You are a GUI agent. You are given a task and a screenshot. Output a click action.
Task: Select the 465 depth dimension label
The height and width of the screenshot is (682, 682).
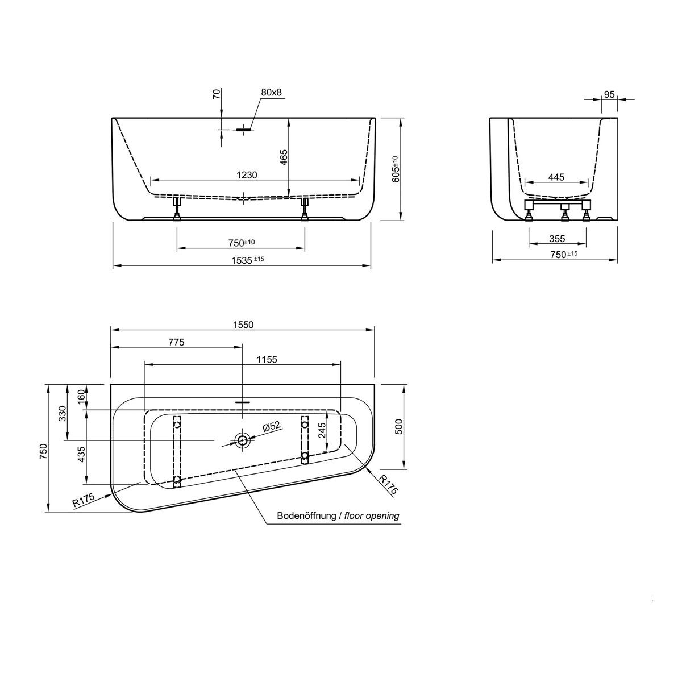tap(284, 157)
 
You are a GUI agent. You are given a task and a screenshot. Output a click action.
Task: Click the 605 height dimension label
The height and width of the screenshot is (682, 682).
tap(396, 169)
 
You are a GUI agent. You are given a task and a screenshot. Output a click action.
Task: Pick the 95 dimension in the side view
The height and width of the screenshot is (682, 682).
tap(609, 94)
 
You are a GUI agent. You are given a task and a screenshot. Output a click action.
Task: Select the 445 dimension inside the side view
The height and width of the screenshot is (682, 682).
tap(556, 177)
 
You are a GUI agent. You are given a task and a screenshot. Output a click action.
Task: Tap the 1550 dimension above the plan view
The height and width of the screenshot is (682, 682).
tap(243, 325)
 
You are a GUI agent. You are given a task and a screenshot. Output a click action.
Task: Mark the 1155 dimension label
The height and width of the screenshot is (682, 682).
tap(267, 359)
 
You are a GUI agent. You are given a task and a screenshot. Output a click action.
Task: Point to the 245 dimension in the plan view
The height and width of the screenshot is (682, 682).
tap(322, 433)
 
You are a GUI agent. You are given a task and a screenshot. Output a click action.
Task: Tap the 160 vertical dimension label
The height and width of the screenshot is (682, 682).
tap(81, 394)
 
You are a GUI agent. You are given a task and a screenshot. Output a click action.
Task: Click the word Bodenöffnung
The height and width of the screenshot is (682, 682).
tap(306, 516)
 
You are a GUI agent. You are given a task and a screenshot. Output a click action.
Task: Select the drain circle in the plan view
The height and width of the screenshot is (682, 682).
tap(243, 440)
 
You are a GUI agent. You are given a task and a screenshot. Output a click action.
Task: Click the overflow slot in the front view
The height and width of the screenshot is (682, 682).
tap(243, 130)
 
